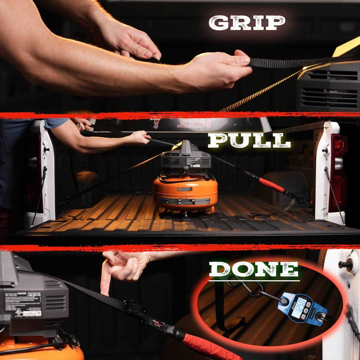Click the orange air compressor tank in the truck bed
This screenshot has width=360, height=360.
(x=185, y=193)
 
